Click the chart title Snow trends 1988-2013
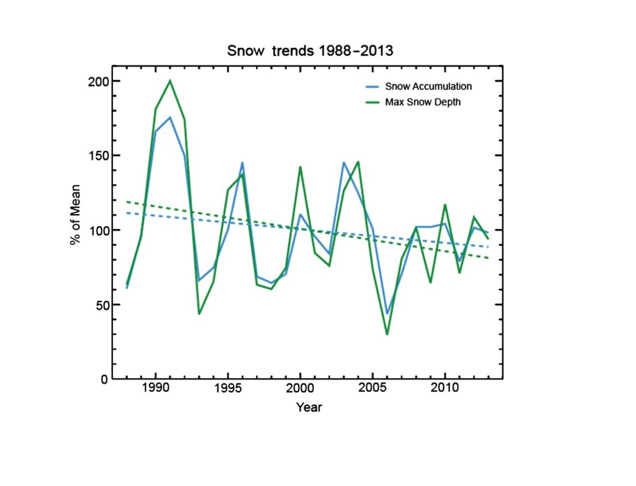310,50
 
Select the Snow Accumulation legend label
428,87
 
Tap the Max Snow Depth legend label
423,103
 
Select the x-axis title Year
309,408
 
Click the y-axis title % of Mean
75,215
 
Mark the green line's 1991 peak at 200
170,80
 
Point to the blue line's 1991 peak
170,117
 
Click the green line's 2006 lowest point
387,334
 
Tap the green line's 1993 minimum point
199,313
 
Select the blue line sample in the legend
371,87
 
